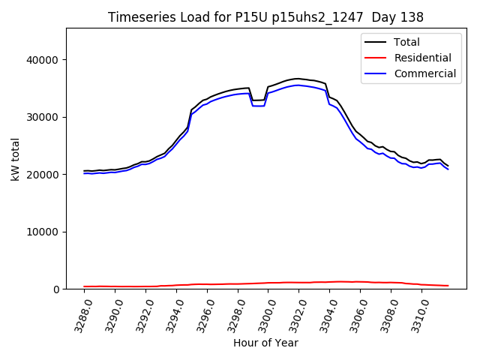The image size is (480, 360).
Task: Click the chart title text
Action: pos(265,17)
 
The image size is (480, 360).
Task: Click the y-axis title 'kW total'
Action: pos(16,159)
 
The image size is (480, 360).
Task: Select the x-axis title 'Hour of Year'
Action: pos(265,343)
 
